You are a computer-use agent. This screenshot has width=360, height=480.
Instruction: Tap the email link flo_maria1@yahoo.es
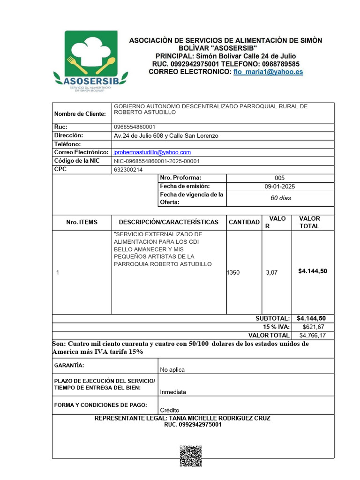268,72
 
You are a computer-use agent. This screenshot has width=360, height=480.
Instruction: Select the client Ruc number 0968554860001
135,127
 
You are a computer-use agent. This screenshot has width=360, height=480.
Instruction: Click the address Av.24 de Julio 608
166,135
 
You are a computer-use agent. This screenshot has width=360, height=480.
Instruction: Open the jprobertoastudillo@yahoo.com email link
152,152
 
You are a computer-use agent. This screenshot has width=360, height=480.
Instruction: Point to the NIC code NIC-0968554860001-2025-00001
157,161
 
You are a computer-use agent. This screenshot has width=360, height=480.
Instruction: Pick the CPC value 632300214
128,170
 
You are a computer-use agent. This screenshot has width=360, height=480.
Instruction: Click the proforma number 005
279,178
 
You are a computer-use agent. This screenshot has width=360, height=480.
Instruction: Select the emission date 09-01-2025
280,186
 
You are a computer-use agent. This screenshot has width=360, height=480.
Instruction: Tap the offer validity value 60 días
280,198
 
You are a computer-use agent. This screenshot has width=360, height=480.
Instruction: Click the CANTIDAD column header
244,222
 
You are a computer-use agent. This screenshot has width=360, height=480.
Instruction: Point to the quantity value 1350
233,272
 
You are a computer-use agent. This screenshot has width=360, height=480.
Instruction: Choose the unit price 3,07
271,272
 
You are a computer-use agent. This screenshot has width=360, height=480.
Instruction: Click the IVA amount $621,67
314,327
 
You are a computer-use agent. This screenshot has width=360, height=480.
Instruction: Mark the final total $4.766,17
313,335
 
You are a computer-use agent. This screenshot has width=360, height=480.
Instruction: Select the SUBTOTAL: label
272,318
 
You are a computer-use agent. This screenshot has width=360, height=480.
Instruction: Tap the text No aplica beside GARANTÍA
172,369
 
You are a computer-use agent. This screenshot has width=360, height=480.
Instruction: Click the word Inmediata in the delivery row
173,392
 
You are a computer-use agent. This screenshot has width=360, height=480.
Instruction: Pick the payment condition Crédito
169,410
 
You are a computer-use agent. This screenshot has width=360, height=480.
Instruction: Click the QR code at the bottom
191,457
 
